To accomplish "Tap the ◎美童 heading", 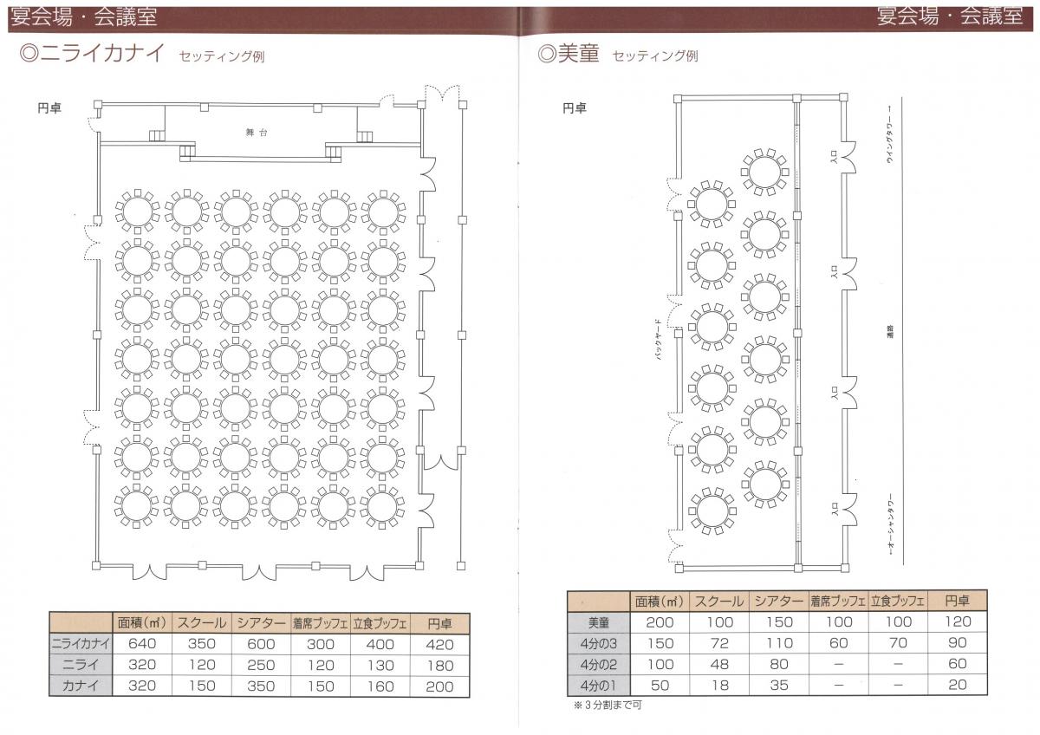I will coord(569,55).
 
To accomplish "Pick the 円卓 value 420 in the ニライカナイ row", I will coord(439,644).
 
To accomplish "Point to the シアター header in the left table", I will coord(262,623).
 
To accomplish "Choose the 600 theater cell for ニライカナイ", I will coord(262,644).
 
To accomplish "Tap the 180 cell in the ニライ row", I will coord(439,665).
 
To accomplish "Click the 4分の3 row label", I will coord(598,643).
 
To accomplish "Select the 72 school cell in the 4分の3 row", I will coord(718,643).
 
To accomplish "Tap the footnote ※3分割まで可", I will coord(608,705).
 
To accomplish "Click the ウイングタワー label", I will coord(890,146).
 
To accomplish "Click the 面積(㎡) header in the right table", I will coord(660,601).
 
